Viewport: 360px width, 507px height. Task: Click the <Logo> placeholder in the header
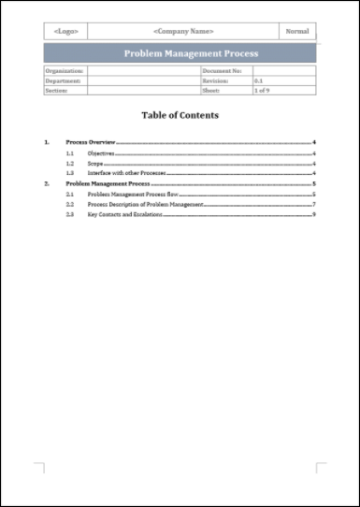pos(66,32)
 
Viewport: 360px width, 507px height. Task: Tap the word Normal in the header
pos(297,32)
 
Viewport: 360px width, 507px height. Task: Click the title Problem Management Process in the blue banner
pos(179,53)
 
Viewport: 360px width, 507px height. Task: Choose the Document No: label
pos(222,71)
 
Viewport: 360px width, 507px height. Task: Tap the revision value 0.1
pos(258,80)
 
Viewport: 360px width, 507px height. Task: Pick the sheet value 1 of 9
pos(262,90)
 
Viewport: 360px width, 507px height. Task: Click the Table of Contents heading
pos(180,115)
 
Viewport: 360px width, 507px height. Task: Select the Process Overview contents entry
pos(91,142)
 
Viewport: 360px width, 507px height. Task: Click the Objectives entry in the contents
pos(100,152)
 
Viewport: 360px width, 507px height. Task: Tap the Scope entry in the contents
pos(94,163)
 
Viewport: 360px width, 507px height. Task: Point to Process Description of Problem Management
pos(145,204)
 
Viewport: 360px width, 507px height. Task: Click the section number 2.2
pos(69,204)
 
